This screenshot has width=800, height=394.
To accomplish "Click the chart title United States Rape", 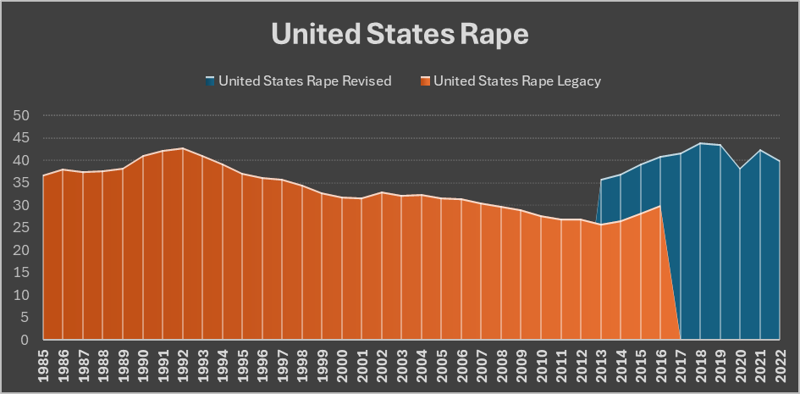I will tap(400, 34).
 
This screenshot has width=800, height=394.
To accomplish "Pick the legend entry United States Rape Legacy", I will tap(517, 81).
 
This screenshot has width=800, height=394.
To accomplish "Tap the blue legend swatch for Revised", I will tap(210, 81).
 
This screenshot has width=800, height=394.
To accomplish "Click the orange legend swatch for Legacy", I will tap(425, 81).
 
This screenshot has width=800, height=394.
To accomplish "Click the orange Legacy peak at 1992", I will tap(182, 148).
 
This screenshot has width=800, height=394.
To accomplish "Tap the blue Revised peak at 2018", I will tap(700, 143).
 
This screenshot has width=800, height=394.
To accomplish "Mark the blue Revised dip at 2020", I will tap(740, 169).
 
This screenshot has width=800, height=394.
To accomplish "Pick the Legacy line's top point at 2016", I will tap(660, 206).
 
